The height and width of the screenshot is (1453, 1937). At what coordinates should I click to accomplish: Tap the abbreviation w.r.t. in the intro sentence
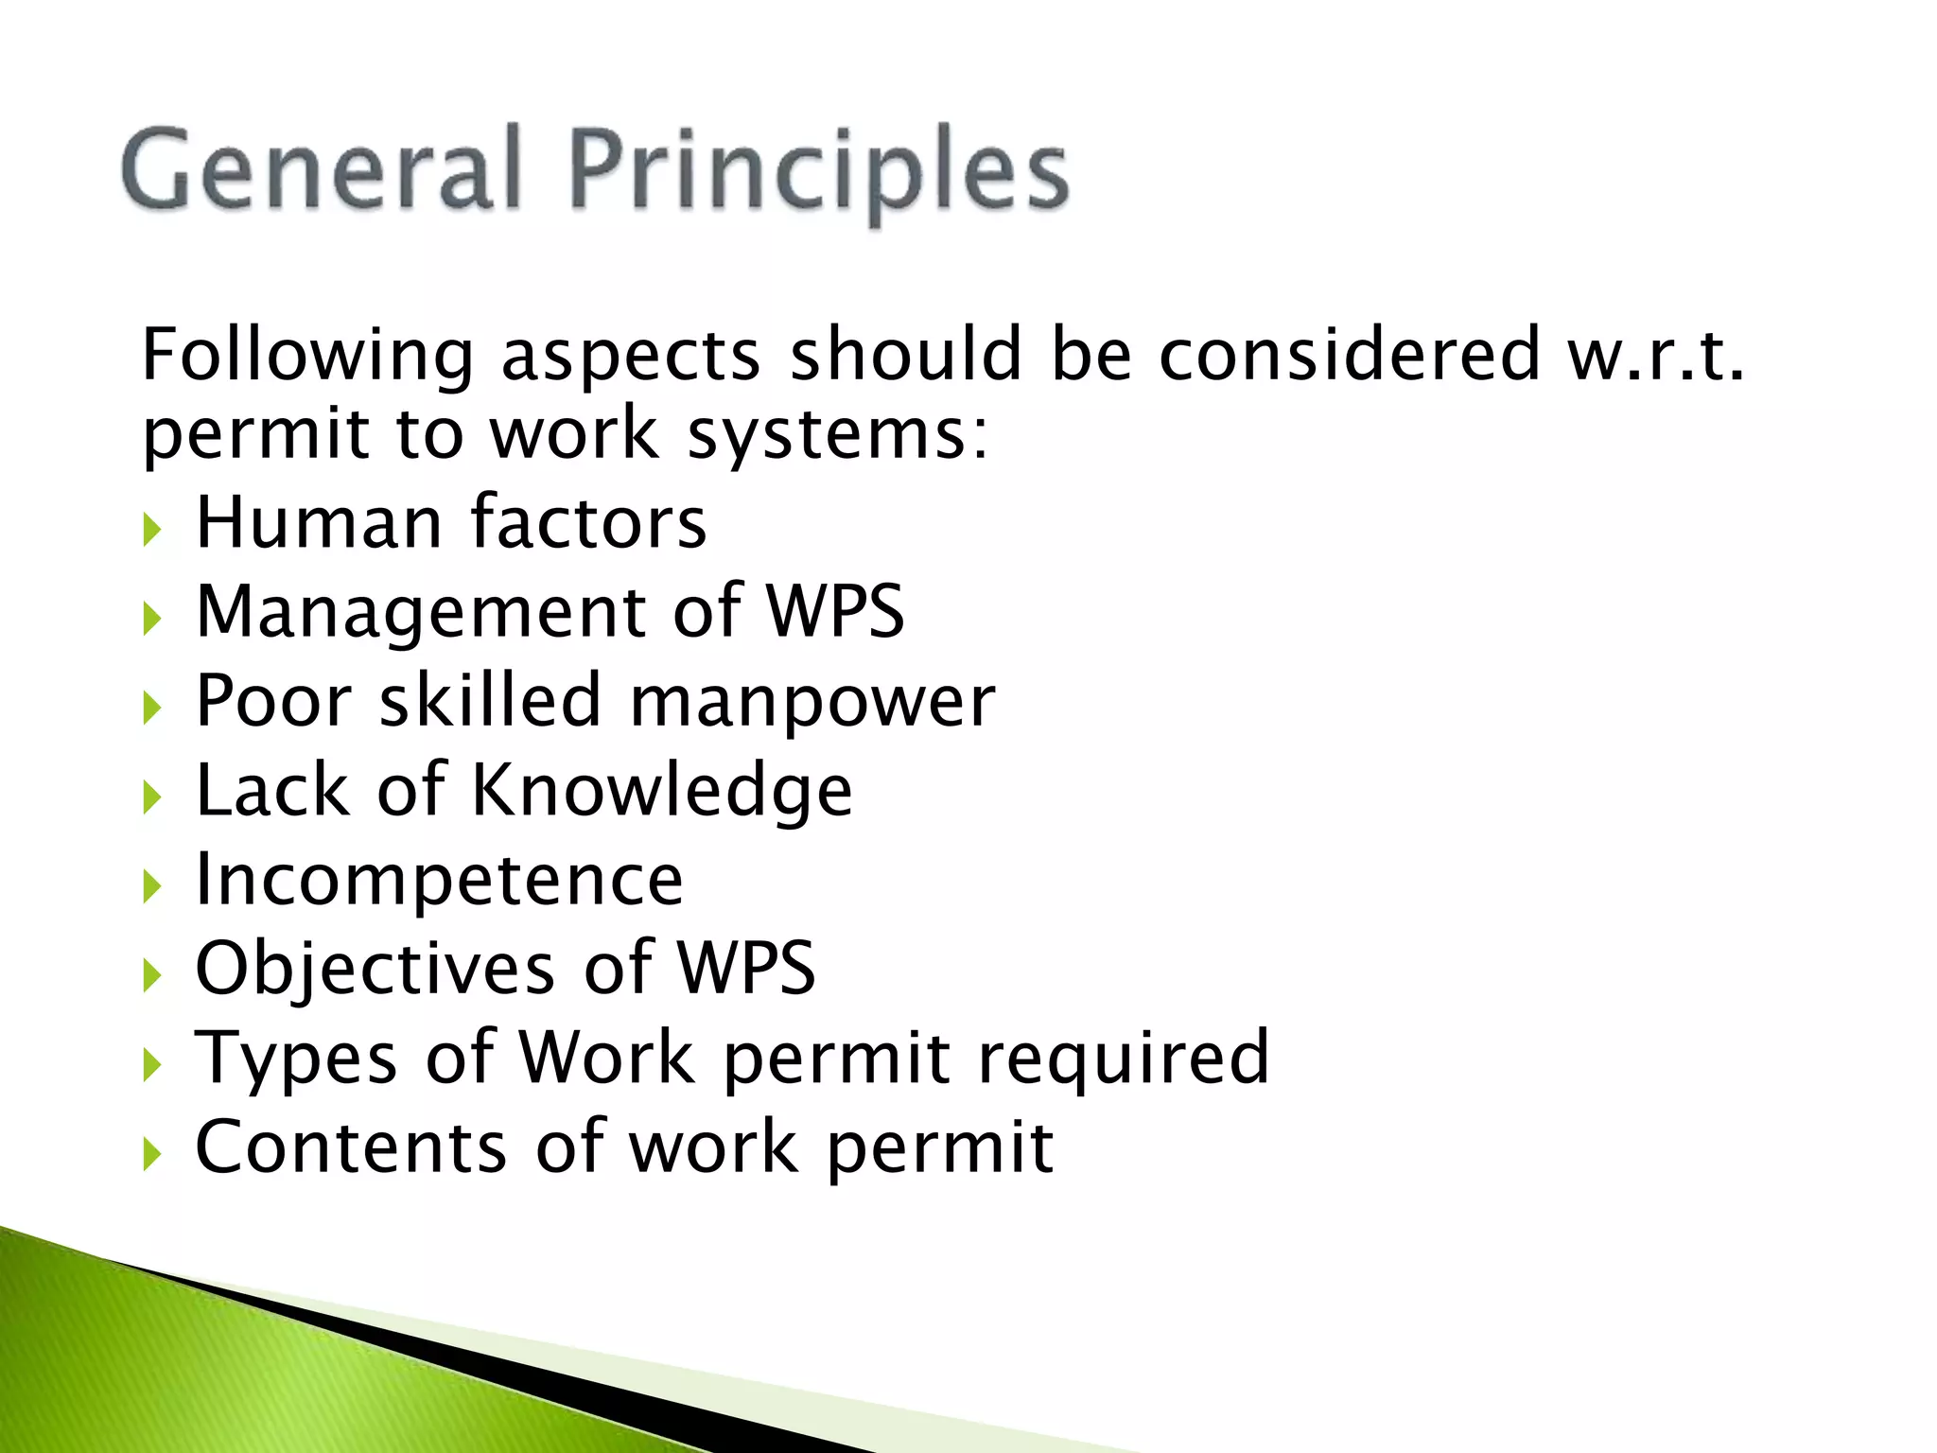point(1655,355)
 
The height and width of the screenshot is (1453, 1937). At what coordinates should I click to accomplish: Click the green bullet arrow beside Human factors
point(153,530)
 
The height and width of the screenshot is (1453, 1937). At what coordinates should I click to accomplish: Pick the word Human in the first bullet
point(319,522)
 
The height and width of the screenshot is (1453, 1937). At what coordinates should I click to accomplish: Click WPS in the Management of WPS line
point(835,612)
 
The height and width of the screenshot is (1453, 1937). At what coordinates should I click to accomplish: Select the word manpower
point(811,703)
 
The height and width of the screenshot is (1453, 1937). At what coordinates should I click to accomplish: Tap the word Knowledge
point(661,790)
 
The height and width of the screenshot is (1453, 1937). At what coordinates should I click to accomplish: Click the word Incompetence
point(439,880)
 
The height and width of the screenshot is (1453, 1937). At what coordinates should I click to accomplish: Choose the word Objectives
point(375,970)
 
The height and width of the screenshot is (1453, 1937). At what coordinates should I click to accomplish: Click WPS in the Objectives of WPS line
point(746,968)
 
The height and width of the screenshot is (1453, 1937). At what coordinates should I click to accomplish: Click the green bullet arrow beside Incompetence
point(153,886)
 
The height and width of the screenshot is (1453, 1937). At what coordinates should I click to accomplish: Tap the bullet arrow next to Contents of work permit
point(153,1154)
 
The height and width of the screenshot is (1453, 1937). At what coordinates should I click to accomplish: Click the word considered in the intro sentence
point(1350,355)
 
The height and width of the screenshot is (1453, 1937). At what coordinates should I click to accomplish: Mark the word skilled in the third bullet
point(490,701)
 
